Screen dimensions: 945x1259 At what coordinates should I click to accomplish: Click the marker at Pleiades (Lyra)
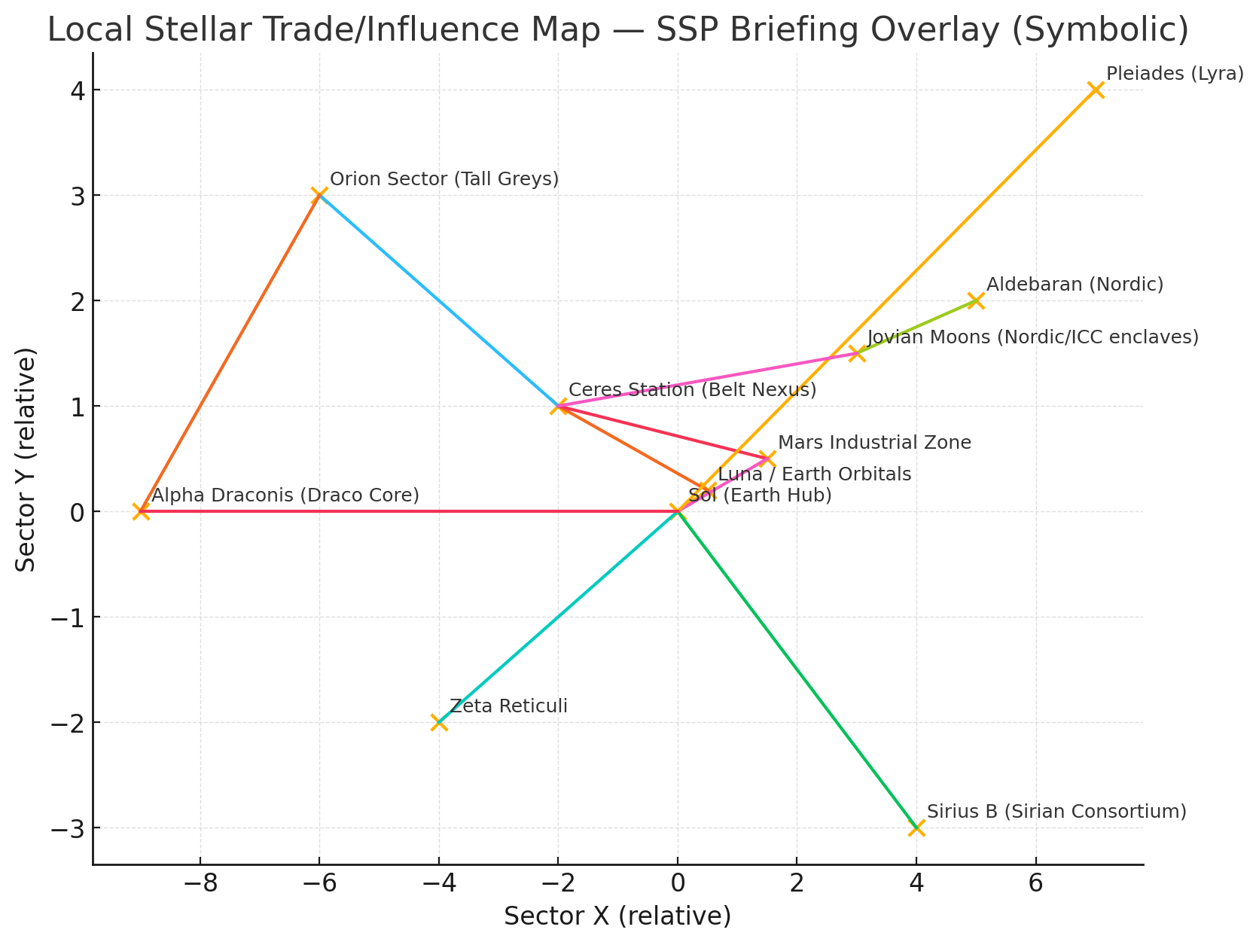(x=1096, y=90)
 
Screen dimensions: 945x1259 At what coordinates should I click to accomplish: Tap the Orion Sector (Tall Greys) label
(x=444, y=179)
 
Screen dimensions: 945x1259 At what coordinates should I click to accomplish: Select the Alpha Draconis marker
(x=140, y=511)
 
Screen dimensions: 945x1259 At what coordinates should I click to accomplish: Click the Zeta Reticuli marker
(x=438, y=722)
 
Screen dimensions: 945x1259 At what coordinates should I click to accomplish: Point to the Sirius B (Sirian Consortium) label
(x=1056, y=812)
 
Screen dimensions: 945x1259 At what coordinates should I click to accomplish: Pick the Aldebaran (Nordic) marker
(x=976, y=300)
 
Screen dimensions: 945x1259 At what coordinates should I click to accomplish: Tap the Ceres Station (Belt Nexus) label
(x=692, y=390)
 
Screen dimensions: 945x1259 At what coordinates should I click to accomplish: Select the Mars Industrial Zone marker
(x=767, y=459)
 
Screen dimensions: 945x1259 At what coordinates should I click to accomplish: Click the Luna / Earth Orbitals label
(x=814, y=474)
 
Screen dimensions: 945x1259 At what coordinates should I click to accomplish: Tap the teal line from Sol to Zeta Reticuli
(x=558, y=617)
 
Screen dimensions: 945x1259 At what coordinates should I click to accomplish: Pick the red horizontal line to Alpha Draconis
(x=407, y=511)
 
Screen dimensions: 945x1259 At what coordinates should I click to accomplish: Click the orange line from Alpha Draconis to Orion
(x=230, y=354)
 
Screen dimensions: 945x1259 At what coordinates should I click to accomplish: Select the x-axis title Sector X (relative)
(x=617, y=917)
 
